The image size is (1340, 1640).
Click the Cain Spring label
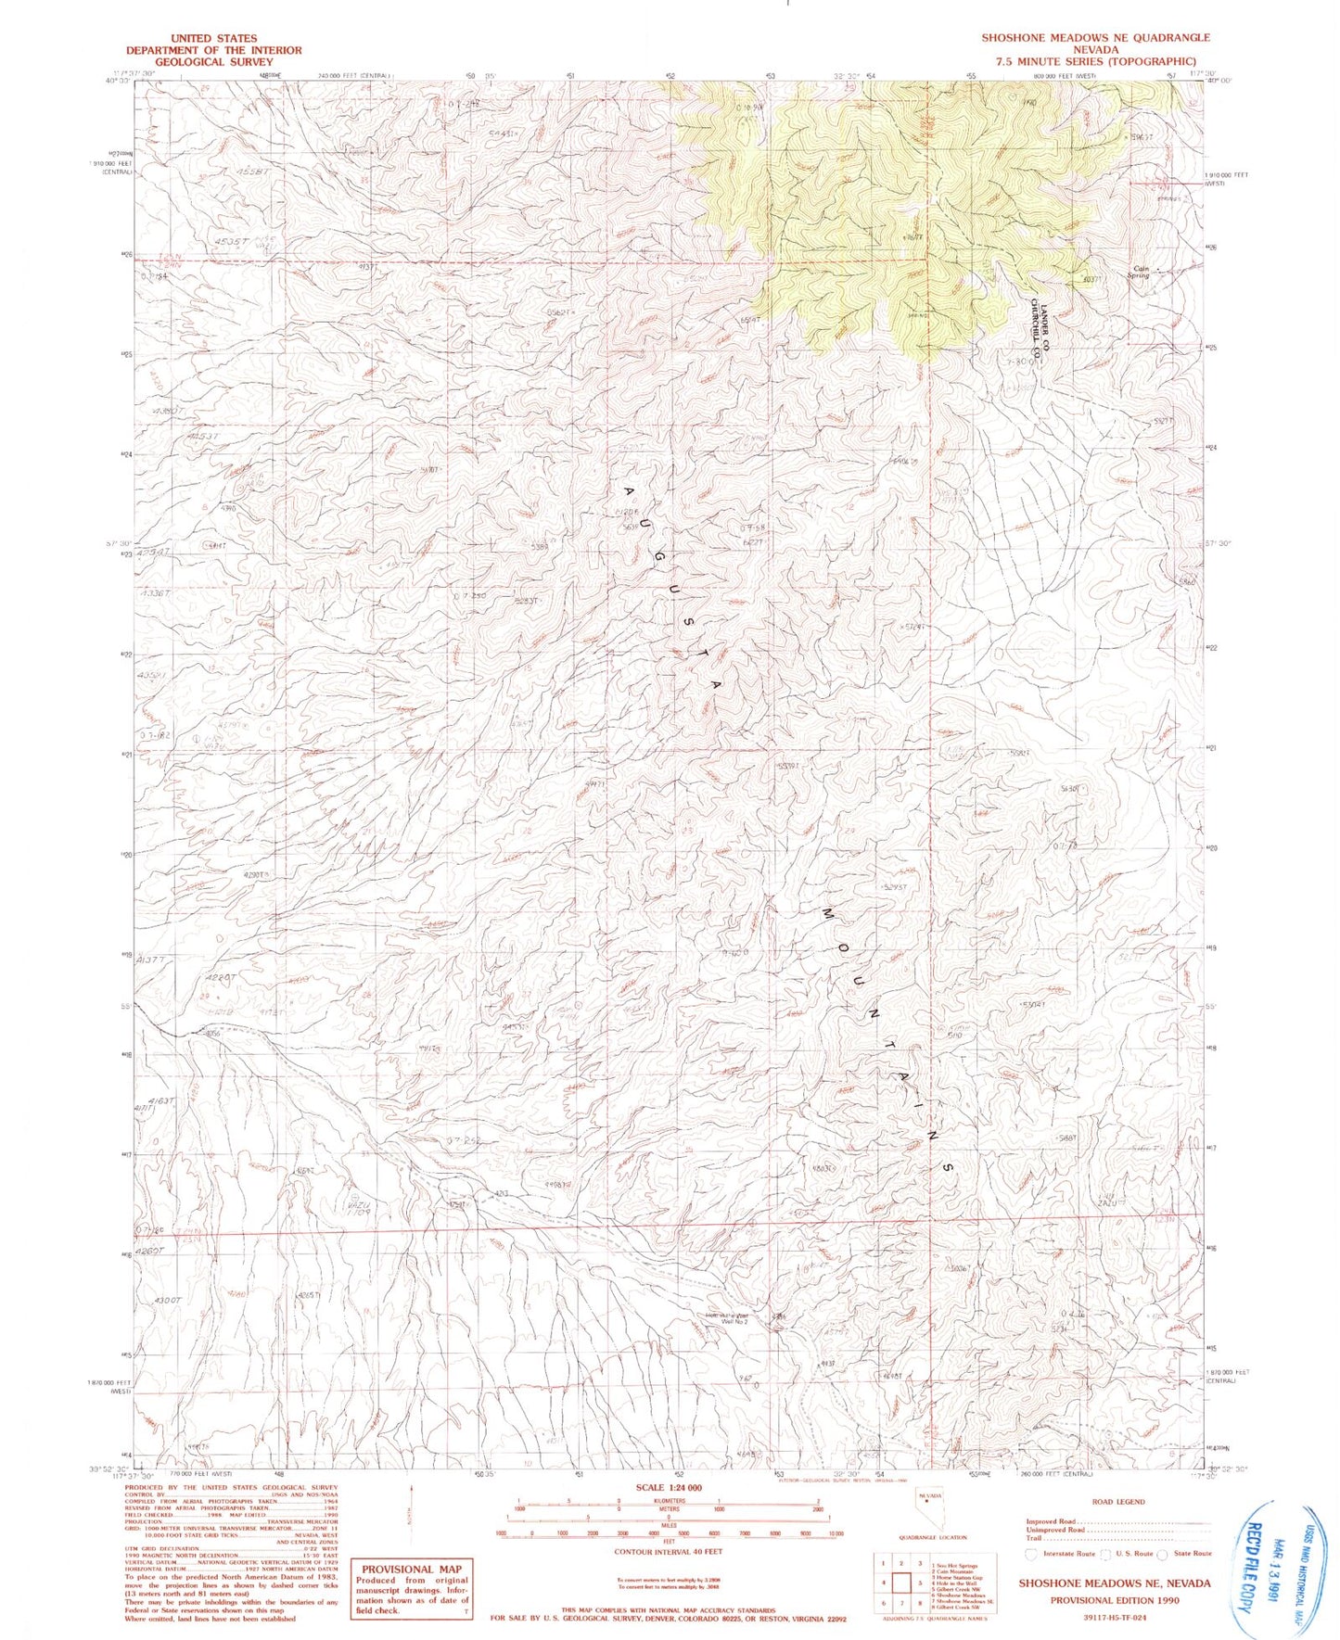click(x=1140, y=273)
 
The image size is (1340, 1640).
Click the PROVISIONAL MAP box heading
click(x=411, y=1544)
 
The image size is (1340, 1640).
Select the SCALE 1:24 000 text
click(x=668, y=1487)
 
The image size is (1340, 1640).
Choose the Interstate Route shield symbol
click(x=1031, y=1553)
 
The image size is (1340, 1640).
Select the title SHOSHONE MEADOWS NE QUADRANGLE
click(x=1096, y=38)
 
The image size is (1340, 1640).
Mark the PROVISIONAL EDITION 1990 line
click(x=1114, y=1598)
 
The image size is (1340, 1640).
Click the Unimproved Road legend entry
click(x=1053, y=1530)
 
